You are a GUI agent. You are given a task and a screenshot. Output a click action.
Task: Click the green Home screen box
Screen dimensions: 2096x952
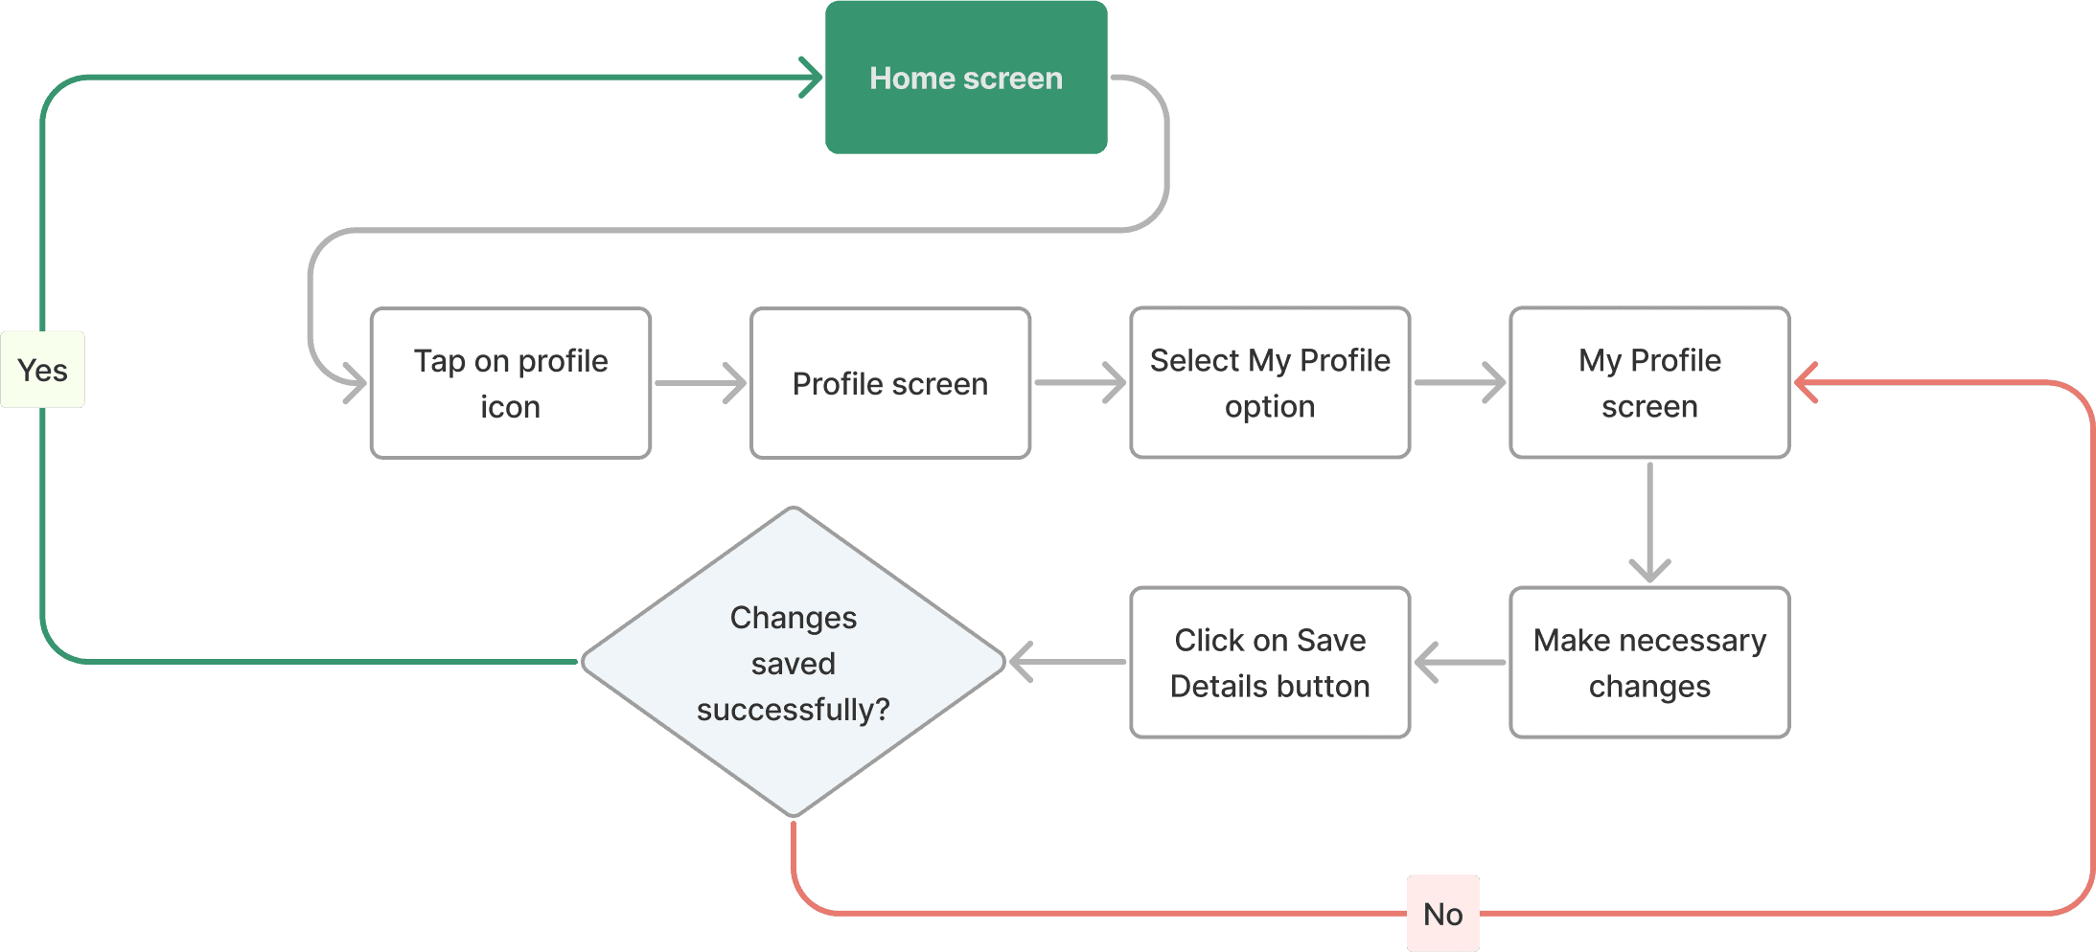click(966, 78)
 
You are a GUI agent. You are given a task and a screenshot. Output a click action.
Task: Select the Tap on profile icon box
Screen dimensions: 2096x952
click(511, 383)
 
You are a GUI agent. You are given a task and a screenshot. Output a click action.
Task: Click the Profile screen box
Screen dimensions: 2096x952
click(890, 383)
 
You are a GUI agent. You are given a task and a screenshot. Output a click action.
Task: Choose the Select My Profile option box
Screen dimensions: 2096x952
click(1270, 383)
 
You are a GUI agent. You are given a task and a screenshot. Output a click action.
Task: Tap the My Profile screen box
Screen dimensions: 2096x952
click(1649, 383)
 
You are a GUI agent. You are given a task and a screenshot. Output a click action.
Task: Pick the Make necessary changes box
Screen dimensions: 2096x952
click(1649, 663)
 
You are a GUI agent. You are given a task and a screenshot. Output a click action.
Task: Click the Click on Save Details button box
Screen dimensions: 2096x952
click(1270, 663)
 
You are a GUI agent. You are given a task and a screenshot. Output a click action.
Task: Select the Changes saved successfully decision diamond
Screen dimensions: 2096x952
click(794, 662)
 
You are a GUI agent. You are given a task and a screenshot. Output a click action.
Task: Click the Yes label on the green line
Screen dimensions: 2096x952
click(43, 370)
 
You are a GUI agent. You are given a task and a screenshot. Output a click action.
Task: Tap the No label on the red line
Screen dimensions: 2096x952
click(1443, 914)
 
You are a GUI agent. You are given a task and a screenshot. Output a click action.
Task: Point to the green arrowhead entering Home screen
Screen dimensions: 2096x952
click(811, 78)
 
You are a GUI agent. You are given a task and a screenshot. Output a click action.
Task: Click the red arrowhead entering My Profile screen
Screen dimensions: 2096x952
click(1807, 383)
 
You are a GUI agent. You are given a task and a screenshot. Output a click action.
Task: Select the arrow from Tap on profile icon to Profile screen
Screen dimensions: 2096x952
click(701, 383)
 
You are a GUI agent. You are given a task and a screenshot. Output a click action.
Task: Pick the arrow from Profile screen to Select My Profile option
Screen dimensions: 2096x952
click(1080, 383)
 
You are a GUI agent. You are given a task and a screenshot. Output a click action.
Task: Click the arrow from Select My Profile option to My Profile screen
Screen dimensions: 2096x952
click(1460, 383)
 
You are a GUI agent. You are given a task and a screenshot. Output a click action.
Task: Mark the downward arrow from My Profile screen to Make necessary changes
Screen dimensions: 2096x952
click(1649, 523)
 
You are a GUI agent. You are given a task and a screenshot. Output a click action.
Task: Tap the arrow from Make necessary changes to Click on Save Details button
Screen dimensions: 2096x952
click(1460, 663)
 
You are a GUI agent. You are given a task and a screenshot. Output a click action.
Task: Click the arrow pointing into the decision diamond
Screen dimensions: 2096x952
click(1067, 662)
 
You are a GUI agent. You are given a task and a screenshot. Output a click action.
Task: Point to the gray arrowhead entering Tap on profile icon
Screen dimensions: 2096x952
click(356, 383)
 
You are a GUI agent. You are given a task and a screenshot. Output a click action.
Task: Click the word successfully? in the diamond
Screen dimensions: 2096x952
click(794, 710)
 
